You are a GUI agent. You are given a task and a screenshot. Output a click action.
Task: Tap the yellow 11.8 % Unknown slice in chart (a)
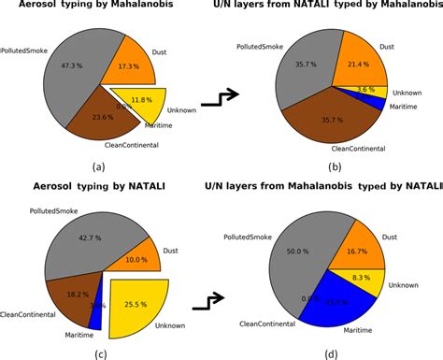click(143, 100)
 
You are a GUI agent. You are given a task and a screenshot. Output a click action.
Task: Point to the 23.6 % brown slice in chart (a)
click(102, 118)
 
